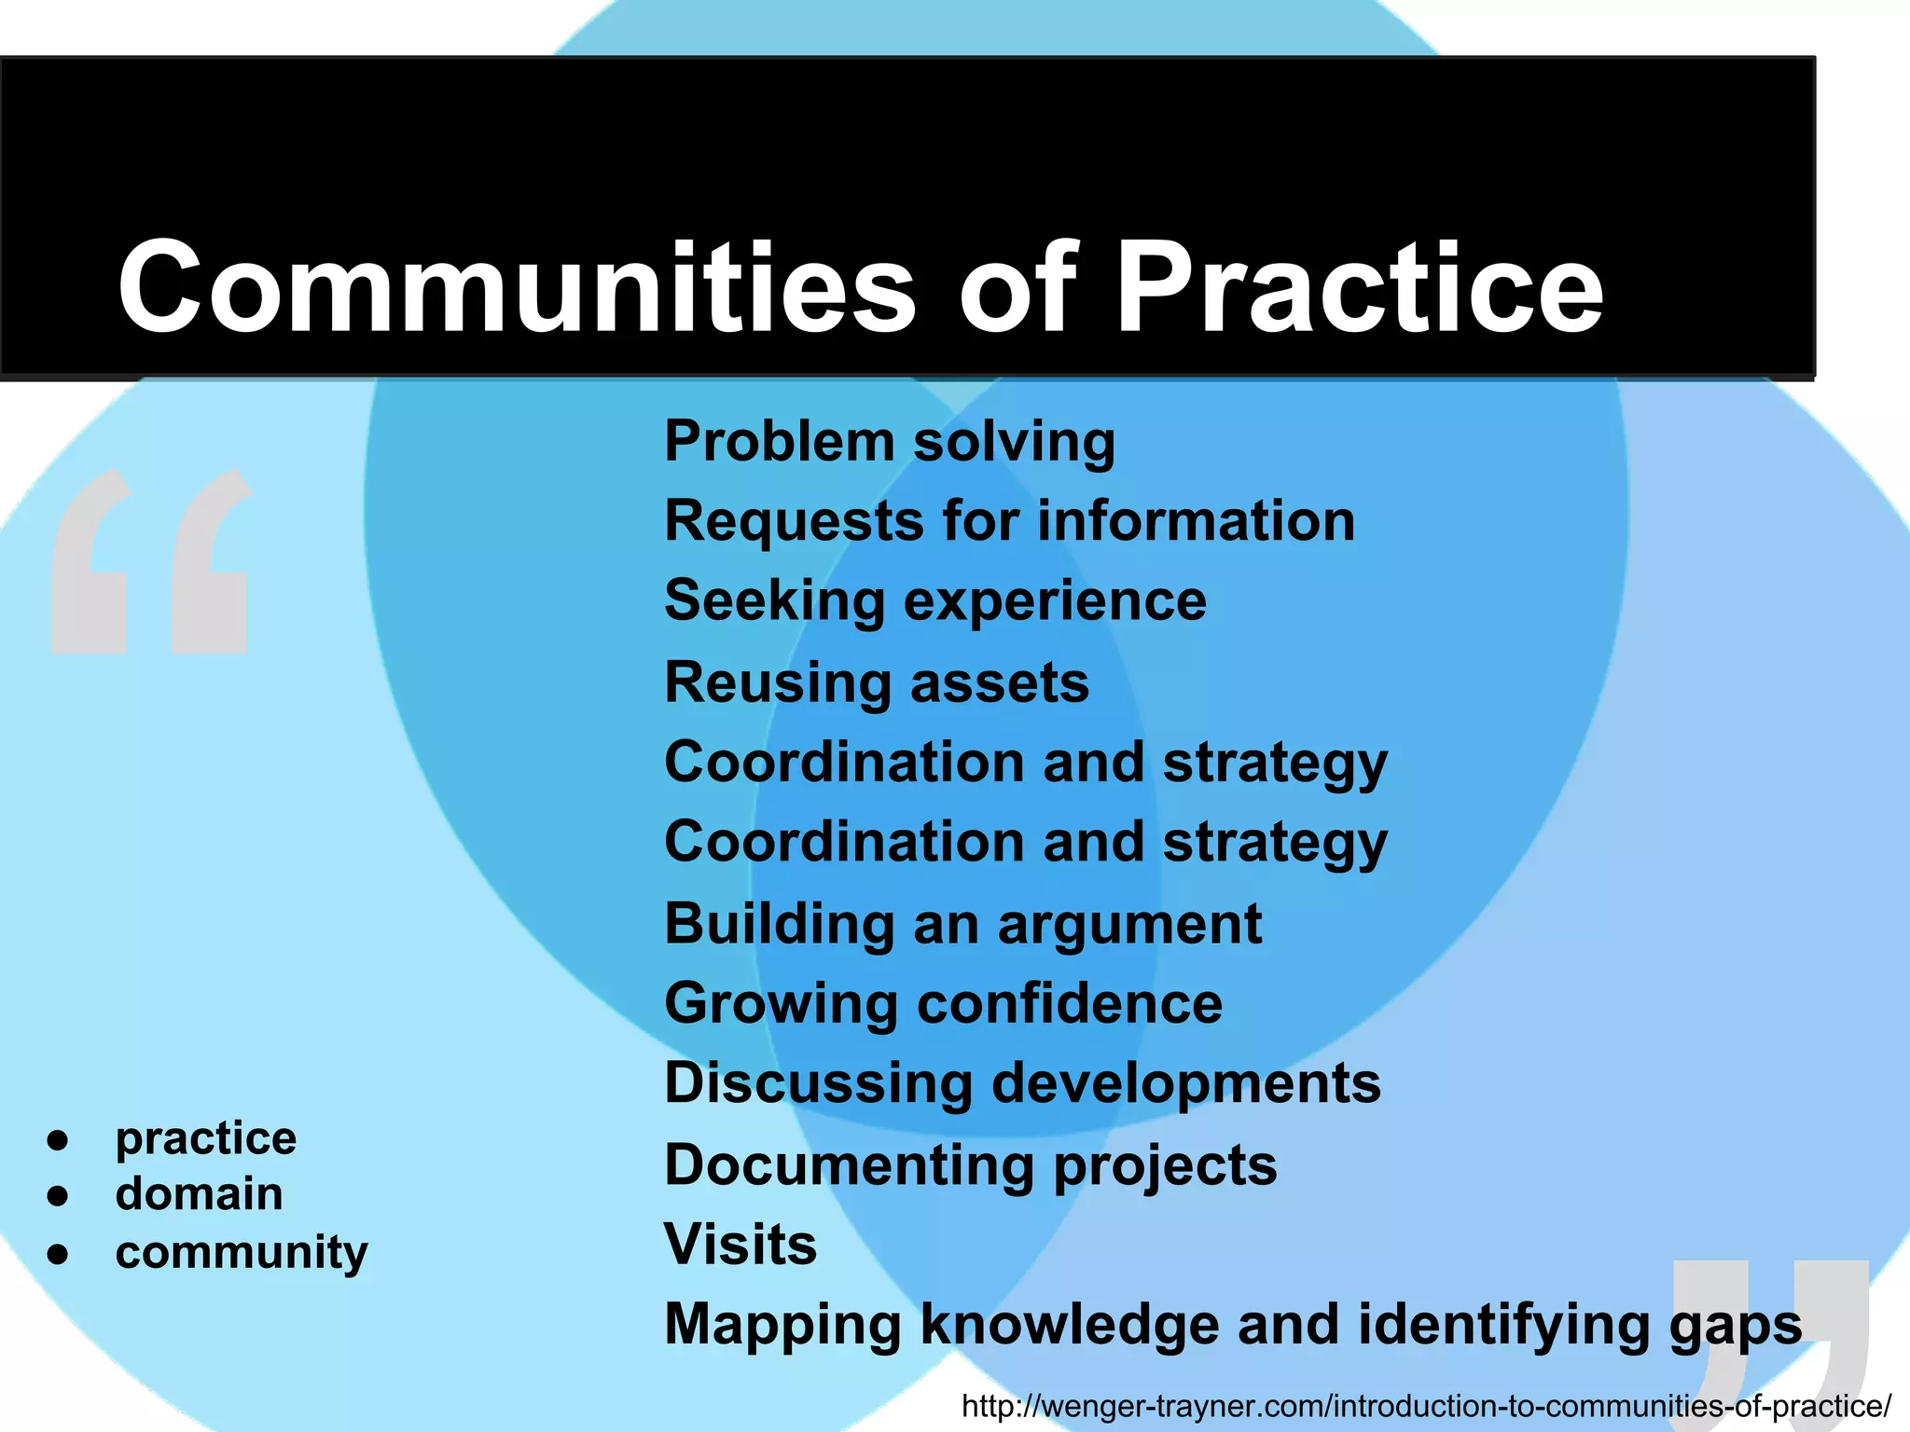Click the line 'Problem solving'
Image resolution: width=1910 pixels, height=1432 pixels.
(890, 441)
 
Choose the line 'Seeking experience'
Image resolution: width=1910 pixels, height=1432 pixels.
(935, 600)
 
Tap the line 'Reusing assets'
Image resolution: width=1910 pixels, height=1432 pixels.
(877, 682)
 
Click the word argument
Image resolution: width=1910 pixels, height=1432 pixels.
(1129, 924)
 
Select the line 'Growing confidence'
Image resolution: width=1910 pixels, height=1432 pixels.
(943, 1003)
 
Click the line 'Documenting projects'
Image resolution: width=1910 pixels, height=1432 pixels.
(970, 1165)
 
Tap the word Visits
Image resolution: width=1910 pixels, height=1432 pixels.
(740, 1245)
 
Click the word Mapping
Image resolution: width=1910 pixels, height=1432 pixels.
(782, 1325)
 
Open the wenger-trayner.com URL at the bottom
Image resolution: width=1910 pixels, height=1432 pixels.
(1426, 1406)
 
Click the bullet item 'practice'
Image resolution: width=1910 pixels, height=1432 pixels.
(206, 1138)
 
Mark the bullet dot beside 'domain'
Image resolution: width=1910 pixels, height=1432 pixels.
(58, 1195)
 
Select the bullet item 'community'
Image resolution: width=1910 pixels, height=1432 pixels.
(242, 1252)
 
